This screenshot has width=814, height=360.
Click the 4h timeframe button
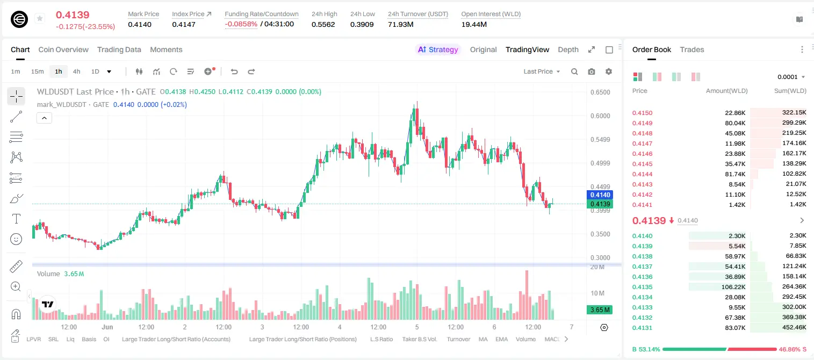(76, 71)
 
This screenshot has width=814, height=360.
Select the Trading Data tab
(119, 49)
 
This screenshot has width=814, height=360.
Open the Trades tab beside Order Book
(691, 49)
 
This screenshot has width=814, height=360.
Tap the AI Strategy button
(438, 49)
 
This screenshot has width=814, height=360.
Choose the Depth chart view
(568, 49)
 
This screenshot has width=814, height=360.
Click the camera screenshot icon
(592, 71)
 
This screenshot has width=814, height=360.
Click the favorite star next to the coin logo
(40, 18)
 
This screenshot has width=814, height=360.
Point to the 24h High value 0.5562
(323, 24)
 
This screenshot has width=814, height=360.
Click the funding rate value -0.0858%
(241, 24)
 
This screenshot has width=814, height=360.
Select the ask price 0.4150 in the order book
(642, 113)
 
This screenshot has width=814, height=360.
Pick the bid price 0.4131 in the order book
(642, 328)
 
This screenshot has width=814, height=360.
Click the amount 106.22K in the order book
(733, 287)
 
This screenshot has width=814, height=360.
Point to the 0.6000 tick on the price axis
(600, 116)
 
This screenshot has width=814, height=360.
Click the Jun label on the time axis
(107, 327)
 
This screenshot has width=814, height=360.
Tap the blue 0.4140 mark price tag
(600, 195)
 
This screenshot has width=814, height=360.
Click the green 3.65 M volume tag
(600, 310)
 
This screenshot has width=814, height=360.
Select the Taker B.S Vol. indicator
(419, 339)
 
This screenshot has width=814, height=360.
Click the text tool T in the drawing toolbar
(16, 219)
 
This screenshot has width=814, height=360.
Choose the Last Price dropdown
(542, 71)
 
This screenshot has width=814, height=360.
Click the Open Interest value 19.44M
(474, 24)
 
